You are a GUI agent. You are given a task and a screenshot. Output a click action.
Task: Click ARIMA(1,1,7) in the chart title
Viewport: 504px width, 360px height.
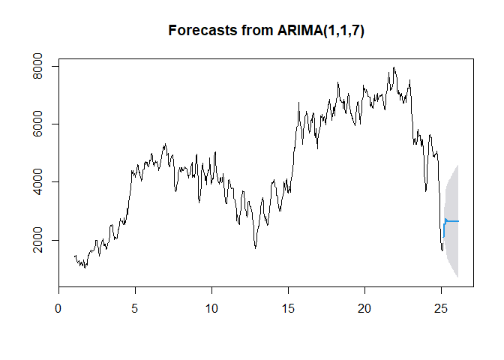pyautogui.click(x=321, y=31)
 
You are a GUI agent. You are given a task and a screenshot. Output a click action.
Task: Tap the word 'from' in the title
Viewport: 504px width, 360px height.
pyautogui.click(x=257, y=31)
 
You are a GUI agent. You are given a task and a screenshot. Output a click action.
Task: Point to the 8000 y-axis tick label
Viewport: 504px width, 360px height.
pyautogui.click(x=37, y=66)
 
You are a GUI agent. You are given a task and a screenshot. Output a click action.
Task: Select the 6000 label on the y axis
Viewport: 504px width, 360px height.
pyautogui.click(x=37, y=124)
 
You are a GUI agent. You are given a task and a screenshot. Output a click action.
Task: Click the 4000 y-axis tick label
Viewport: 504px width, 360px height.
pyautogui.click(x=37, y=182)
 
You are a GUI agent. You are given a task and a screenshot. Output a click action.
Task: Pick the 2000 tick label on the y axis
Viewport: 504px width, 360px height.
pyautogui.click(x=37, y=240)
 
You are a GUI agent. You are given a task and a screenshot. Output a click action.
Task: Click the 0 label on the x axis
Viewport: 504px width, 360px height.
pyautogui.click(x=58, y=308)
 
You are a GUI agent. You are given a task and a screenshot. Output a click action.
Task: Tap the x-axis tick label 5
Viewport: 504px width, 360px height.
pyautogui.click(x=135, y=308)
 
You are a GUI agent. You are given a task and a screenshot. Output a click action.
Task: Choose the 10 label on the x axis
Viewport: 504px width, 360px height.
pyautogui.click(x=211, y=308)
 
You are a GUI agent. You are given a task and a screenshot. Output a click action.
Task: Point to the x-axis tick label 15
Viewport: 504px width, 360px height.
pyautogui.click(x=288, y=308)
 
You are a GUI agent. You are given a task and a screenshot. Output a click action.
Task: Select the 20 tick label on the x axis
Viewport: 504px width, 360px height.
pyautogui.click(x=364, y=308)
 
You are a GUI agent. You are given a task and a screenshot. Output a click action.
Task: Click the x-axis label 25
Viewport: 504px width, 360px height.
pyautogui.click(x=441, y=308)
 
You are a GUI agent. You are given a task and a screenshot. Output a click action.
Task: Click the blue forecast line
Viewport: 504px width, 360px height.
pyautogui.click(x=451, y=221)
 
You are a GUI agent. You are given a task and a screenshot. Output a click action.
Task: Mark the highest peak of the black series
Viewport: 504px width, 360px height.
pyautogui.click(x=394, y=67)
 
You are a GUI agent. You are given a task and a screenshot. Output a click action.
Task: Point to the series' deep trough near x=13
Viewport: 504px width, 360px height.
pyautogui.click(x=256, y=247)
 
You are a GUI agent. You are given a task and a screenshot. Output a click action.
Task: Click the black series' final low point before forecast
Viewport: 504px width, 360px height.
pyautogui.click(x=442, y=250)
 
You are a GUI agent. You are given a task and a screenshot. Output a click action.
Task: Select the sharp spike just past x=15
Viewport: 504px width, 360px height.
pyautogui.click(x=298, y=103)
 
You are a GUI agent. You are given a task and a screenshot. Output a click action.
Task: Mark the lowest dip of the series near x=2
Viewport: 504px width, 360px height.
pyautogui.click(x=85, y=268)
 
